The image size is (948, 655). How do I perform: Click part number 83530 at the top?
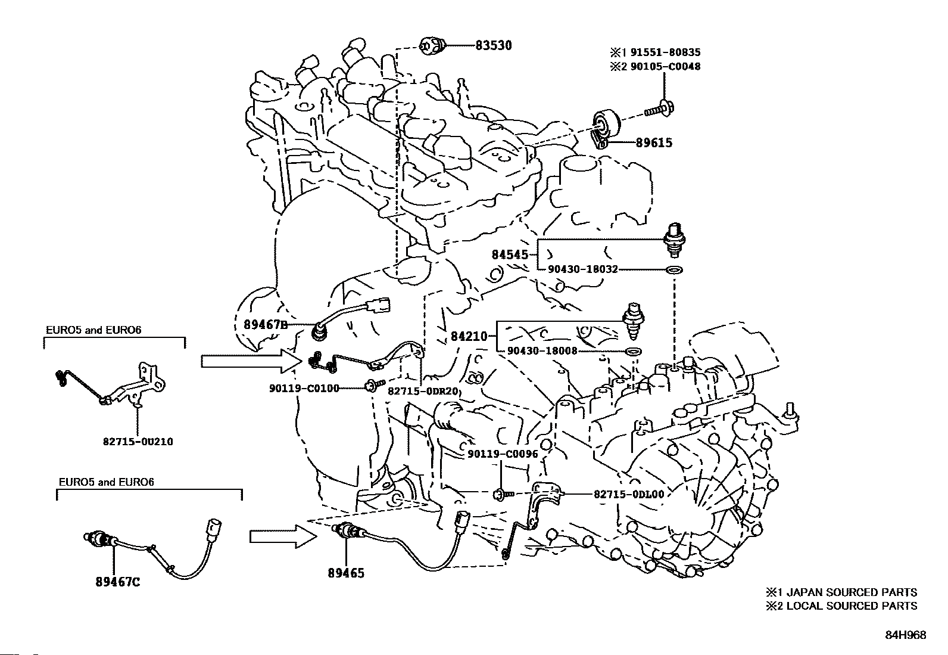494,45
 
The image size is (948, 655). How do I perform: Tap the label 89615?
654,143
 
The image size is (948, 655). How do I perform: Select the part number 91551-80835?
665,52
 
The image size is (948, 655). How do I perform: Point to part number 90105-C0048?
665,66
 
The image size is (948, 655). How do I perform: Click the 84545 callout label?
510,254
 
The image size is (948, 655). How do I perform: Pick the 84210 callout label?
469,336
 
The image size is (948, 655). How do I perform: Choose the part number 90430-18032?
583,269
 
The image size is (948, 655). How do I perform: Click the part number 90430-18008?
542,351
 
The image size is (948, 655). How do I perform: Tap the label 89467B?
266,325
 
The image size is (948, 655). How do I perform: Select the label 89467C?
118,582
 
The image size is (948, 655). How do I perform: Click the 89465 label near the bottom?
346,573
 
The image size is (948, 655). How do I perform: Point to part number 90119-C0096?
503,454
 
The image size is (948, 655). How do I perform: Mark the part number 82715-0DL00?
629,494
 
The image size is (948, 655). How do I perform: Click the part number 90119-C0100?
304,388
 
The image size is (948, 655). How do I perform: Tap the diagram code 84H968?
905,635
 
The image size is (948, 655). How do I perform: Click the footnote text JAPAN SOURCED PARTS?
852,592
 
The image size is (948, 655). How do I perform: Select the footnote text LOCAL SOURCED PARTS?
852,606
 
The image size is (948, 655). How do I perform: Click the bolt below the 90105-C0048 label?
659,109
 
